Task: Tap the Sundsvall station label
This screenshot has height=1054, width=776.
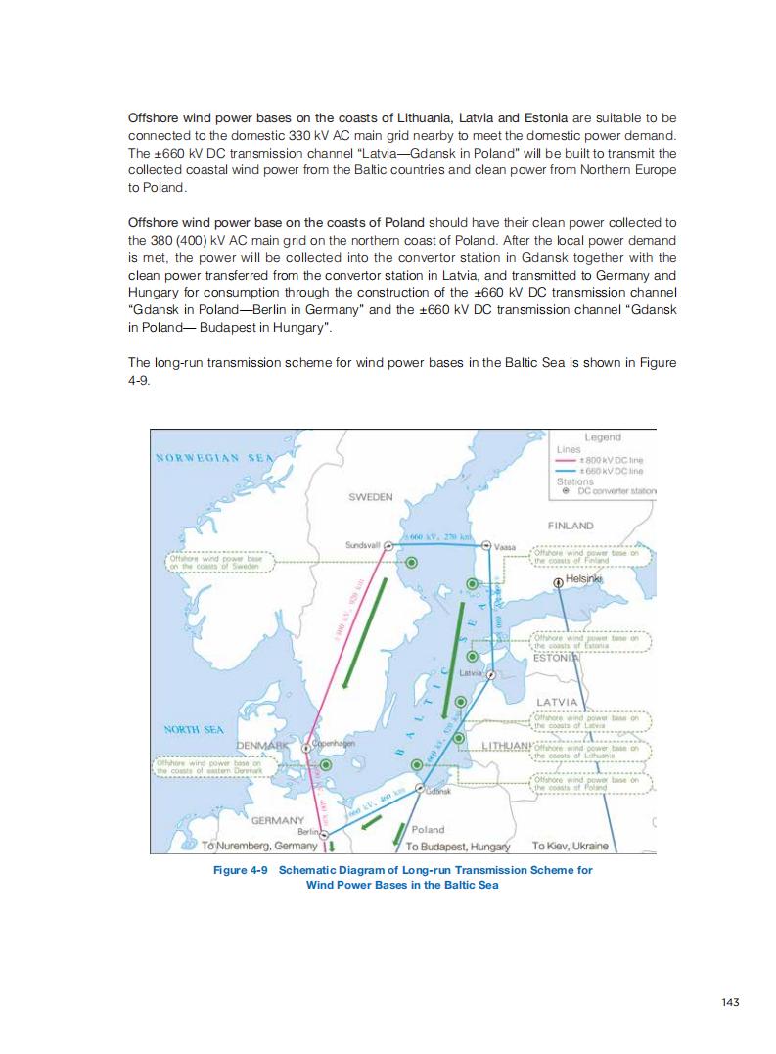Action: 363,544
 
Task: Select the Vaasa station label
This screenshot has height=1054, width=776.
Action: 506,546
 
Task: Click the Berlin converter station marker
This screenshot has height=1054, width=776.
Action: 315,832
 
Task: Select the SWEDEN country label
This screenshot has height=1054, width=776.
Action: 371,497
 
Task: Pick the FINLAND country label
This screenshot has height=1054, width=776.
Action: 571,526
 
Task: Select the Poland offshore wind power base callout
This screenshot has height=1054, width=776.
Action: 591,783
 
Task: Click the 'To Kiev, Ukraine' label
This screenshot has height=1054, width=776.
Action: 570,846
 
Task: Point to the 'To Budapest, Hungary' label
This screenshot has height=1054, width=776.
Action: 458,846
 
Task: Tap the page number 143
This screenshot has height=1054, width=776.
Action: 729,1001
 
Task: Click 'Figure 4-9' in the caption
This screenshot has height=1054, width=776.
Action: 240,870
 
